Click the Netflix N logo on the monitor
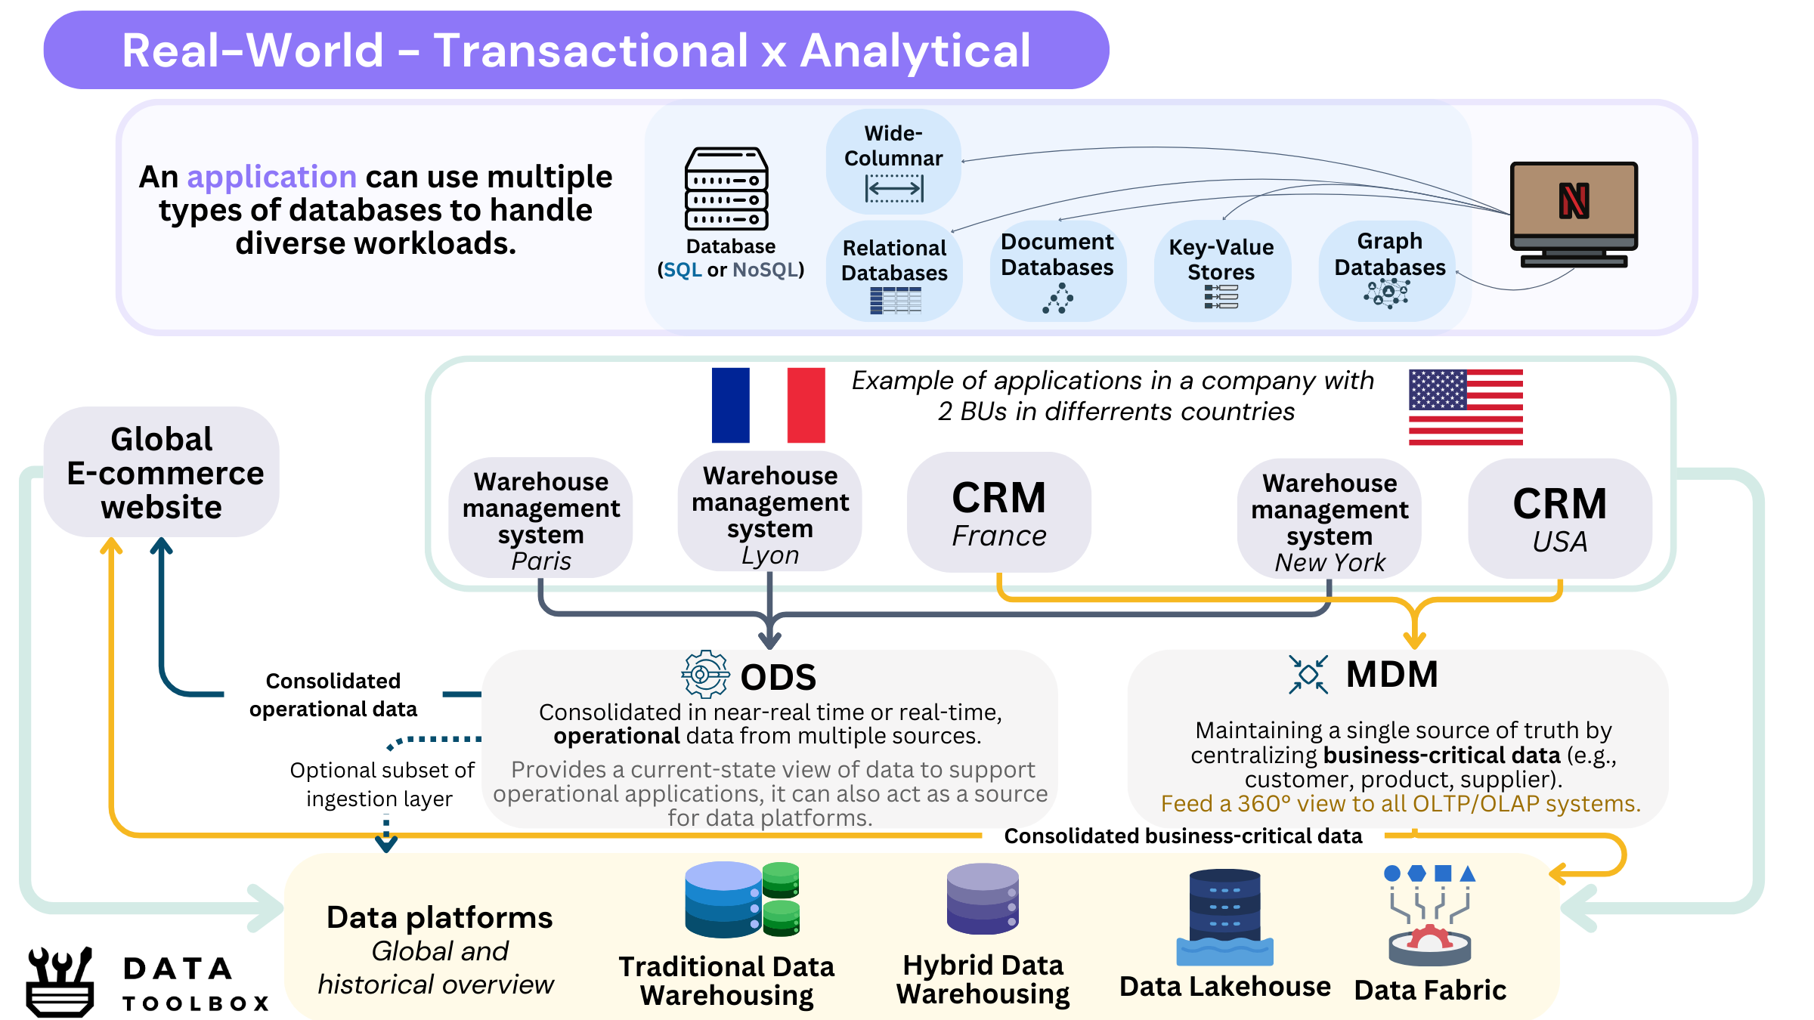(1574, 201)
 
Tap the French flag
(768, 405)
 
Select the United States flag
(1466, 407)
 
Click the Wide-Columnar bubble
(893, 162)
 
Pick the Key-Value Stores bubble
(1222, 270)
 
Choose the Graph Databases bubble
(1387, 270)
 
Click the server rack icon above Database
(726, 189)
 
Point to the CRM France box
(999, 512)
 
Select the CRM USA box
(1560, 518)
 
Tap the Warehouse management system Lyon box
(769, 512)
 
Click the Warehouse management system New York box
(1330, 518)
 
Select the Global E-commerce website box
(162, 472)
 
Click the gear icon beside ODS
(705, 674)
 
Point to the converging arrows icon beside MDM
(1308, 674)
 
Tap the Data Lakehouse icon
(1224, 917)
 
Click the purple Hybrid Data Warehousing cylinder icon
(983, 899)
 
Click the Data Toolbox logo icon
(60, 981)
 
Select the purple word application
(272, 177)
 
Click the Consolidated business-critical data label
(1183, 836)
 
